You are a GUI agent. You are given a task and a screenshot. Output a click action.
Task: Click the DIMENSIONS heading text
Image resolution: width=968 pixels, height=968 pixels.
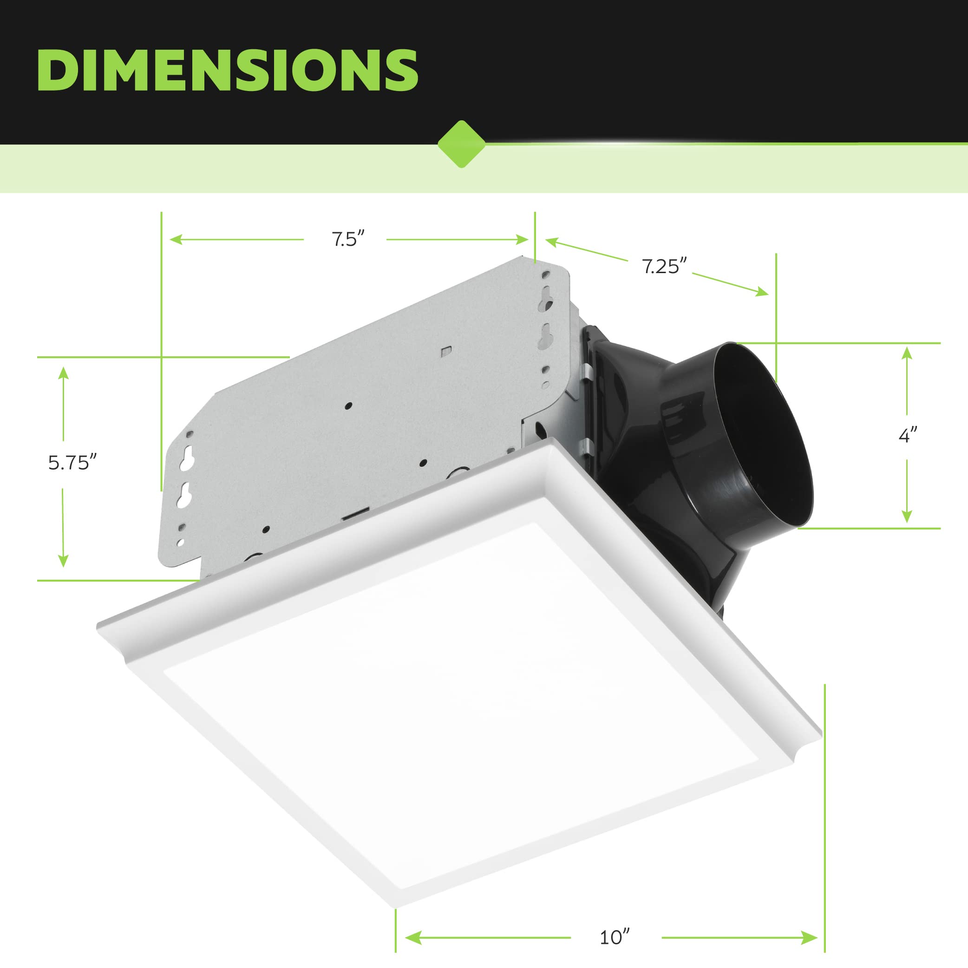tap(228, 70)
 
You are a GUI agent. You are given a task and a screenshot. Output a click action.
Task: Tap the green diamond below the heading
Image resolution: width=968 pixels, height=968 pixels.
tap(461, 144)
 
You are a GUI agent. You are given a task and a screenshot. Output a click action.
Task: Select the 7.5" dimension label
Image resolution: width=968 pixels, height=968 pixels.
tap(348, 239)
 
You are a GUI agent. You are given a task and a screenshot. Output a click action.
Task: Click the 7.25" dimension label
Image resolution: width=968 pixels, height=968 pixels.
tap(664, 266)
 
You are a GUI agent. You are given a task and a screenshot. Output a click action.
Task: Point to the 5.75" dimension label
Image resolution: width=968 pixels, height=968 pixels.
tap(72, 462)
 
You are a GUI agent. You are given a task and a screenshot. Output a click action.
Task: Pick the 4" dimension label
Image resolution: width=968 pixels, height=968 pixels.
tap(907, 435)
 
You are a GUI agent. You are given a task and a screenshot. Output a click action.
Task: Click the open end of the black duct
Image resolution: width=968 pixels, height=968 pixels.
tap(762, 436)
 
